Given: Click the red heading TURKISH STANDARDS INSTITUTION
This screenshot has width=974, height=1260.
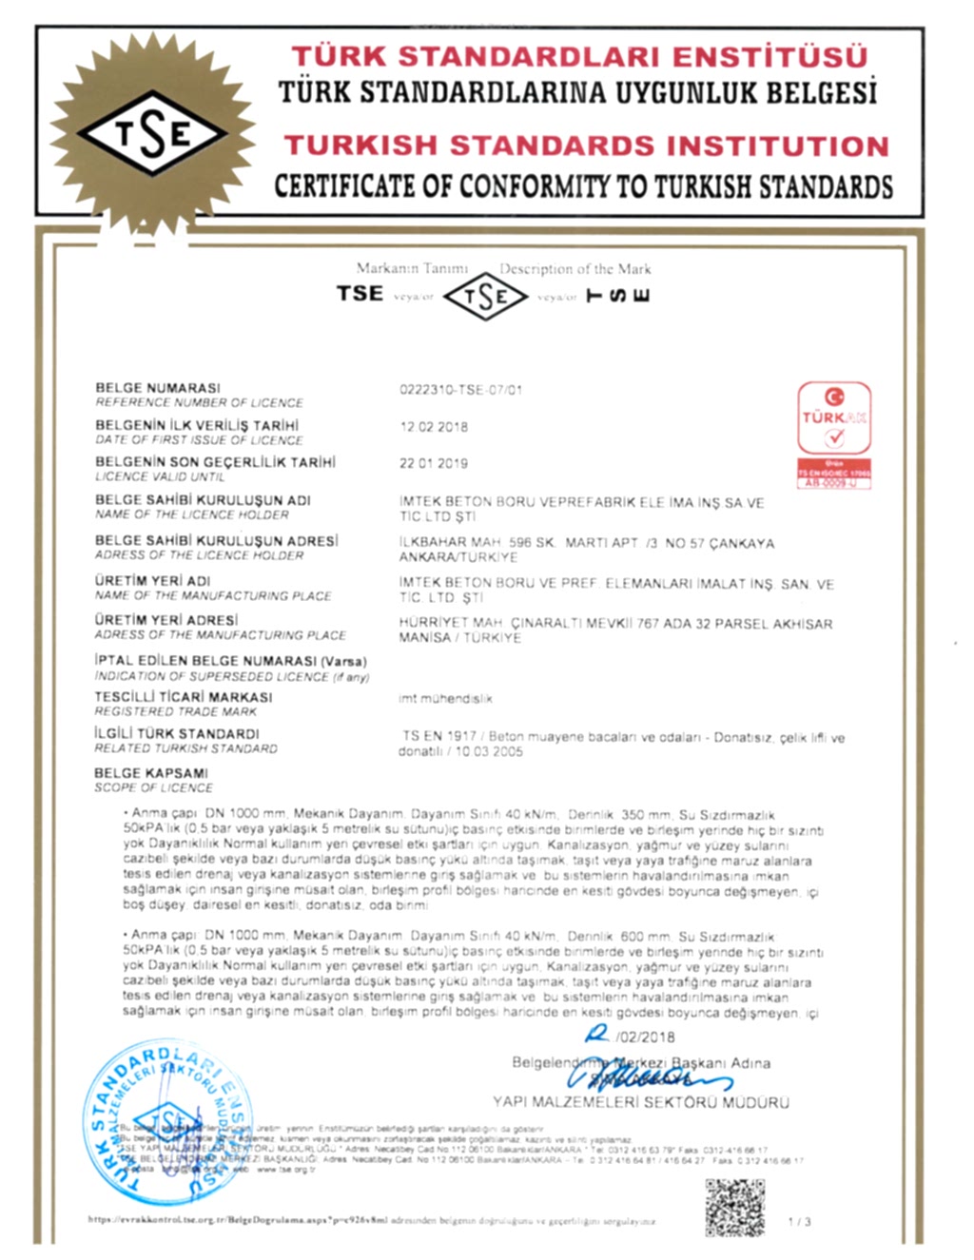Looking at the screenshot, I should [586, 145].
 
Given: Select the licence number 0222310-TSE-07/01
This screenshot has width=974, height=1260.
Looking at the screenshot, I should [461, 390].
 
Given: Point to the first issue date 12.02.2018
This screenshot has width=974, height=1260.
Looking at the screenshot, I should [434, 427].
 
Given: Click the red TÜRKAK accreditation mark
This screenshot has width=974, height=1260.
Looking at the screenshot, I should [834, 434].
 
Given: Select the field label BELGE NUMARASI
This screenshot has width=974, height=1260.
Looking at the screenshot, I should [158, 388].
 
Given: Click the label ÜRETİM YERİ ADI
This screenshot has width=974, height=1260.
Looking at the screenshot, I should [152, 581].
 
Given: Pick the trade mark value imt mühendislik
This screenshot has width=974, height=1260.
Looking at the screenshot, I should [445, 699].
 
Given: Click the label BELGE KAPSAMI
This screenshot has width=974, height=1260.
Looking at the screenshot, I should [151, 773].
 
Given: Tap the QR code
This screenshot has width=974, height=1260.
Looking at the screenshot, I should [734, 1207].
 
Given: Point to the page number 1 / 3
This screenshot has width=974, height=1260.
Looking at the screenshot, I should [800, 1221].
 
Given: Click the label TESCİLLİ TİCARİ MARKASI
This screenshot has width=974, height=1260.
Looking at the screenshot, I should [183, 697].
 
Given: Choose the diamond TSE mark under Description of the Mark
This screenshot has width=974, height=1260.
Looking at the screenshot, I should [485, 297].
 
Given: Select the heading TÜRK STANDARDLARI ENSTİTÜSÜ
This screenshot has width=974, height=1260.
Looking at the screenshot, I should [579, 57].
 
